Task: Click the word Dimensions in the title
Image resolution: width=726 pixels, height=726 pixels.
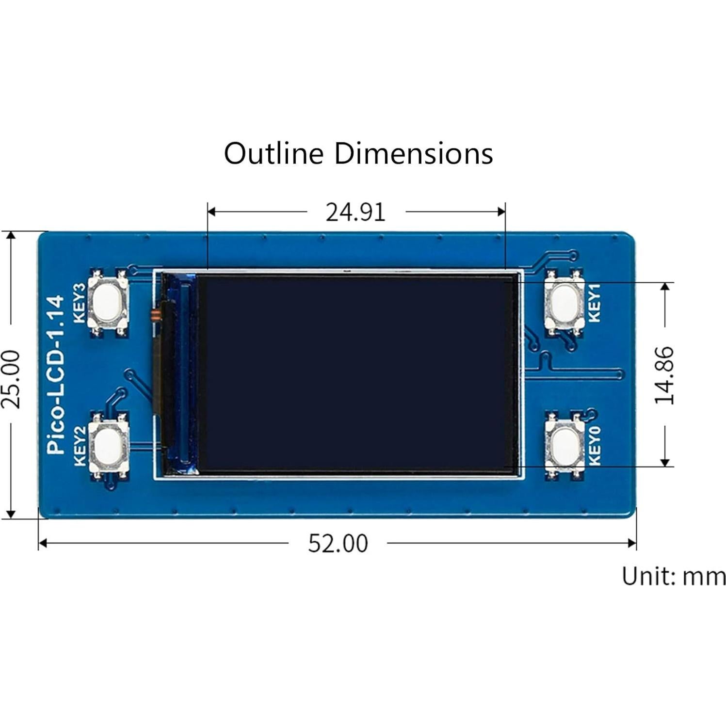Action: [x=413, y=153]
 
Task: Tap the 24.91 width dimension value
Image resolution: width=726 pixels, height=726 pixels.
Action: [x=355, y=212]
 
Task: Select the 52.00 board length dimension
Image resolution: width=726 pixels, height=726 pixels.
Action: [x=338, y=543]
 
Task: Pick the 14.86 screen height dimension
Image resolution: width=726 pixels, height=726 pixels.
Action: [x=664, y=374]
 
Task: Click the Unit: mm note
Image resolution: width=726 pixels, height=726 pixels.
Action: [x=674, y=577]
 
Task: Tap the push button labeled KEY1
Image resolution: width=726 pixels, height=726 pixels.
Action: [x=564, y=303]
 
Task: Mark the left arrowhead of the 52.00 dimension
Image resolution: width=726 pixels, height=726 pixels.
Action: [x=43, y=543]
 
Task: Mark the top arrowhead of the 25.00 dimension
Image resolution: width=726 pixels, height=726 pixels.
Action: [x=11, y=236]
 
